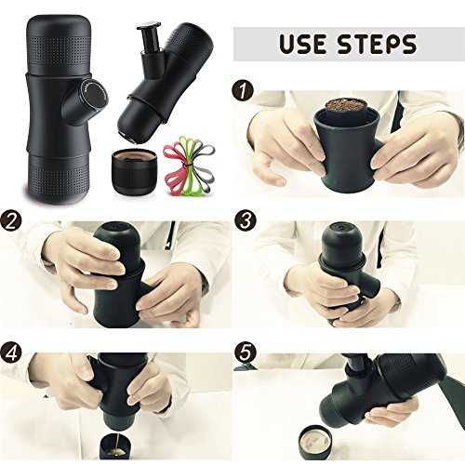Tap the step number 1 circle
tap(243, 90)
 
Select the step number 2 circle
tap(11, 222)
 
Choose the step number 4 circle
tap(11, 353)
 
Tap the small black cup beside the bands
tap(136, 172)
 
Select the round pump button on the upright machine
tap(96, 94)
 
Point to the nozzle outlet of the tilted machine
tap(128, 139)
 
